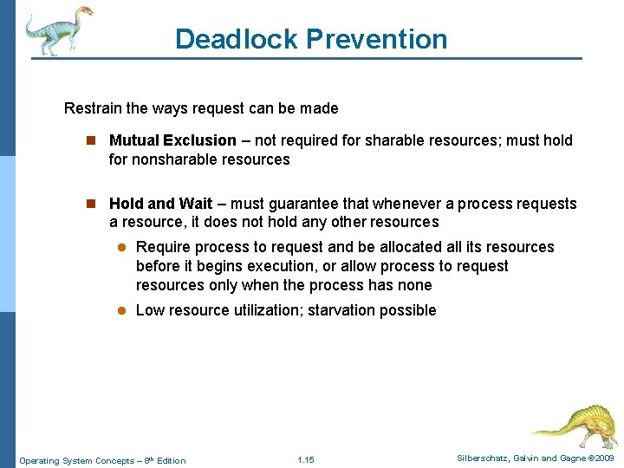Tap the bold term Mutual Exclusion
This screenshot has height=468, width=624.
click(x=172, y=140)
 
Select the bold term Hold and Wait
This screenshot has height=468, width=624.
click(x=160, y=204)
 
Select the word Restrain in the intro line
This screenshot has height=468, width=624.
click(x=92, y=108)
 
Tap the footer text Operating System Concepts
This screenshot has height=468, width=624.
click(x=76, y=460)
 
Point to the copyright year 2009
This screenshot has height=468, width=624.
click(x=603, y=458)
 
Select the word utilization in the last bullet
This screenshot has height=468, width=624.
click(x=264, y=310)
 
